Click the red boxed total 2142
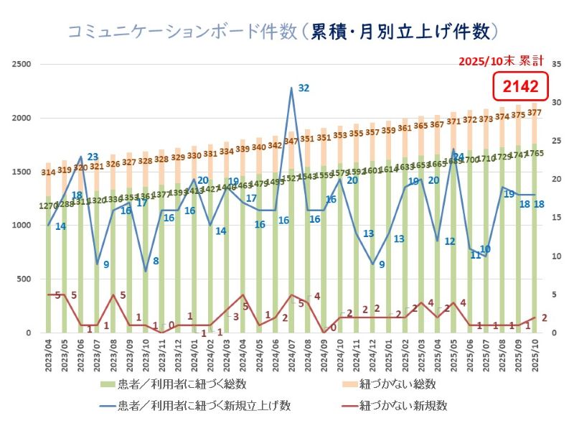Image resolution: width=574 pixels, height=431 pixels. coord(520,87)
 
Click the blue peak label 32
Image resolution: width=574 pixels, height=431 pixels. coord(304,88)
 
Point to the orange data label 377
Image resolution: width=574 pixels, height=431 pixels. coord(535,113)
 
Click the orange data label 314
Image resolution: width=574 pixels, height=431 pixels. coord(49,172)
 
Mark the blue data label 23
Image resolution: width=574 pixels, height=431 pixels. coord(93,157)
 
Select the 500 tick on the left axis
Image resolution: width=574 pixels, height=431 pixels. coord(24,279)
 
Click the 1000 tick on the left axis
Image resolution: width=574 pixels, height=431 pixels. coord(22,226)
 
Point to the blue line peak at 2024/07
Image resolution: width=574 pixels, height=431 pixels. coord(291,88)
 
